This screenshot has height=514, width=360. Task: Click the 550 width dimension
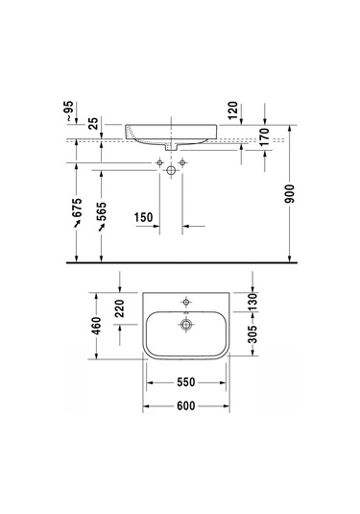(186, 382)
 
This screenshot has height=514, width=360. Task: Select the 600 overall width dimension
(186, 406)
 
